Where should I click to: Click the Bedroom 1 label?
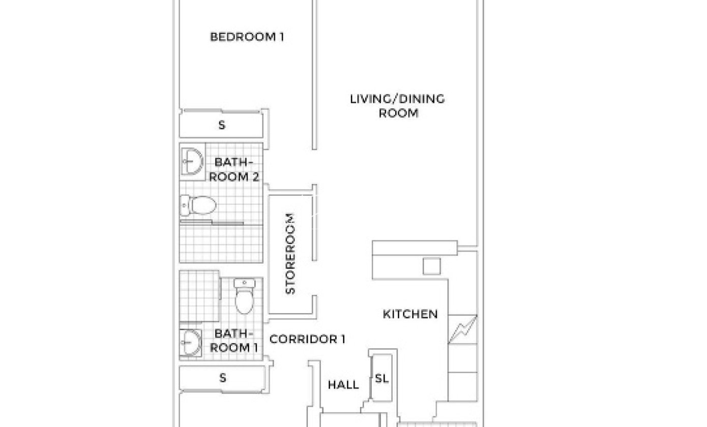coord(247,37)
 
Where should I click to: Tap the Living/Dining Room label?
coord(398,106)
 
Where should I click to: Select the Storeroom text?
coord(290,254)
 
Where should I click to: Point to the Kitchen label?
coord(410,314)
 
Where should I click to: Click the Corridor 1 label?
coord(307,340)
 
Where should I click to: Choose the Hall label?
coord(343,385)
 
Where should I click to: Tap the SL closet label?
coord(381,378)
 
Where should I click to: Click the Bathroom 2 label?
coord(234,170)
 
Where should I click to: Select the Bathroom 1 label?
coord(234,341)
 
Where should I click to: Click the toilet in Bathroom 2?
coord(198,205)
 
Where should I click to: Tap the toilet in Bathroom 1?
coord(244,296)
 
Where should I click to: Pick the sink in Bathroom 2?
coord(192,161)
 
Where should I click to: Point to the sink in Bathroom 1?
coord(190,343)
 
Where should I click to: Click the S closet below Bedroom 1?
coord(221,125)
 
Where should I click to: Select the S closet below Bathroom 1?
coord(222,378)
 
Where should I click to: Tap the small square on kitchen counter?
coord(431,266)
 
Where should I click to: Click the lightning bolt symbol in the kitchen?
coord(462,329)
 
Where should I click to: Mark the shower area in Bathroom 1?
coord(199,296)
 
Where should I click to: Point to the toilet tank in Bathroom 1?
coord(244,283)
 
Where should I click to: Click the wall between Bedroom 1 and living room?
coord(314,75)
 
